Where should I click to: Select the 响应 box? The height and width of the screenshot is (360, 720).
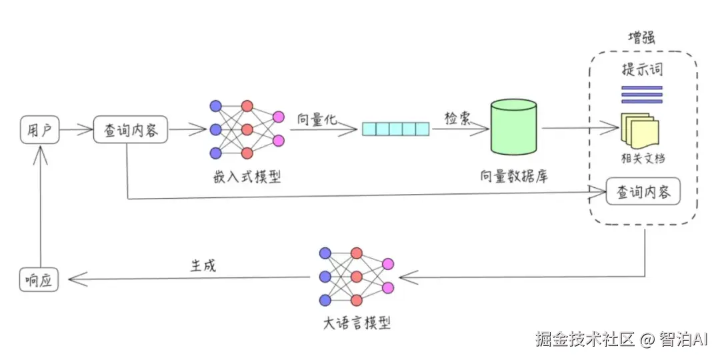point(39,279)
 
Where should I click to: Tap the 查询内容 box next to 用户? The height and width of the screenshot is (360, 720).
point(131,131)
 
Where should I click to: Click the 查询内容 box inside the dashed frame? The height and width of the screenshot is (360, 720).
point(643,193)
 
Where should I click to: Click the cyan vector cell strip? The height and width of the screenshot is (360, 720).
point(396,129)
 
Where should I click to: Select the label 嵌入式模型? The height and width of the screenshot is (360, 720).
point(247,177)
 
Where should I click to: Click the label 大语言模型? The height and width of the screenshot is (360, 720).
point(355,323)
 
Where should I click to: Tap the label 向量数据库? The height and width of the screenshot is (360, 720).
point(514,177)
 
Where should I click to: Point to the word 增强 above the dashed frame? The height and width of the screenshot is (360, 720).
point(641,38)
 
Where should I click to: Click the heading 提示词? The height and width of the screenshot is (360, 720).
point(642,70)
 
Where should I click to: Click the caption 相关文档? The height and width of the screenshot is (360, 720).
point(641,159)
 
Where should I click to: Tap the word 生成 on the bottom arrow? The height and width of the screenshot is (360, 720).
point(203,265)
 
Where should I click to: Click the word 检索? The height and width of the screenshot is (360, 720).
point(459,118)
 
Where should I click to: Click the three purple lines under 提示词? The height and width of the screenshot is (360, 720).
point(641,94)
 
